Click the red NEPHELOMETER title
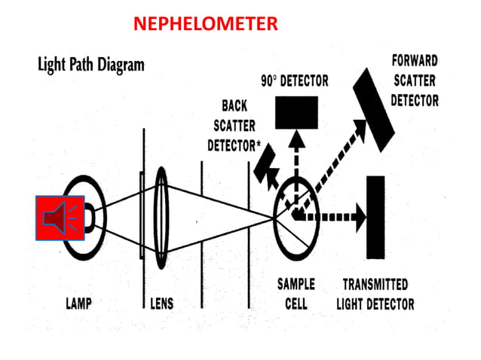point(205,24)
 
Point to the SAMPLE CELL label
point(296,294)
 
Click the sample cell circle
point(296,215)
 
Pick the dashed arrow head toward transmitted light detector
point(357,215)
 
